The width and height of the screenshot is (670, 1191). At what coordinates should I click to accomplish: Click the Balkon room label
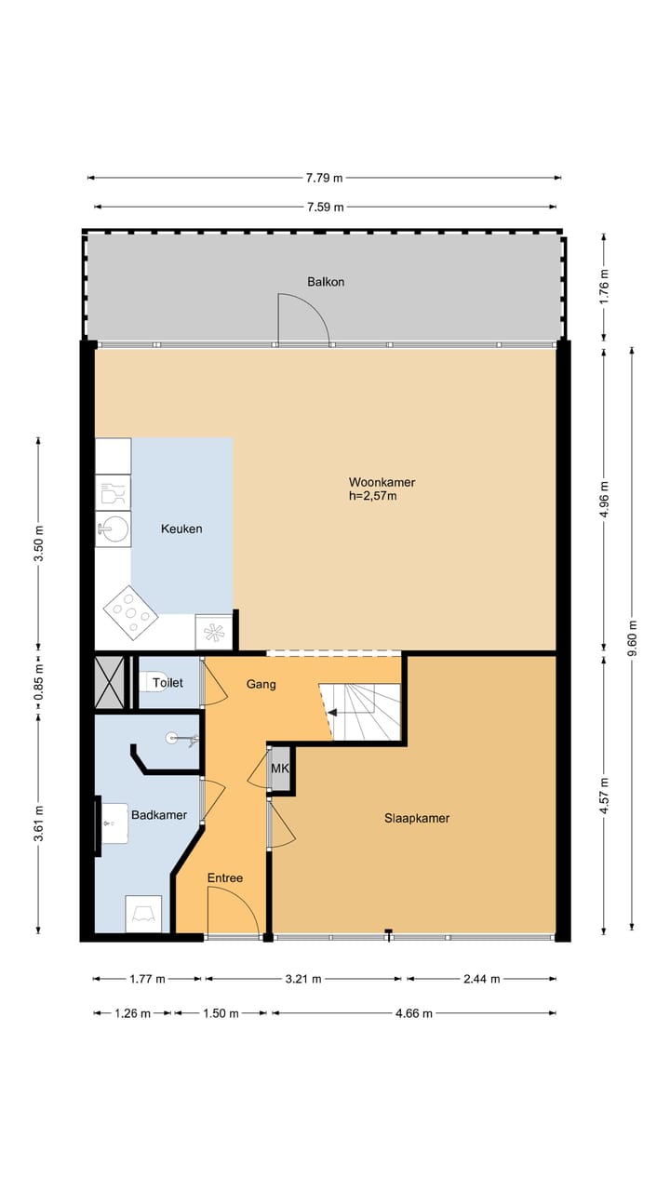coord(326,282)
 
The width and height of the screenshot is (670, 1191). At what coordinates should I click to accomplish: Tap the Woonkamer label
coord(382,482)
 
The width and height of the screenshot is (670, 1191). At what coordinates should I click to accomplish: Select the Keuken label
coord(181,529)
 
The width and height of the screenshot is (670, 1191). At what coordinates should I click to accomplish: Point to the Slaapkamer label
coord(417,818)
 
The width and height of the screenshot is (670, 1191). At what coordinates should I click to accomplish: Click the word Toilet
coord(168,683)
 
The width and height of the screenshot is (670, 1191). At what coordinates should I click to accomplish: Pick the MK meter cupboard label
coord(280,769)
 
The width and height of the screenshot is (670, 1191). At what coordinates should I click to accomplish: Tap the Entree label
coord(225,877)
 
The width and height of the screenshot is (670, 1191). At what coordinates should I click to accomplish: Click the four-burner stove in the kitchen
coord(130,612)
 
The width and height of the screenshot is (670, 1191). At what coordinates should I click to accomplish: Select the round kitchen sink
coord(114,529)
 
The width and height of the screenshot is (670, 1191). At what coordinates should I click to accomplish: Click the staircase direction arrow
coord(332,713)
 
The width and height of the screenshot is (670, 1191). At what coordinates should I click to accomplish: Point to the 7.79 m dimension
coord(325,178)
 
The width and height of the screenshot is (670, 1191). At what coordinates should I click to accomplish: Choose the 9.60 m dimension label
coord(632,638)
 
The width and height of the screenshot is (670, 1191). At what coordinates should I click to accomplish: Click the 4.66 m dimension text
coord(414,1013)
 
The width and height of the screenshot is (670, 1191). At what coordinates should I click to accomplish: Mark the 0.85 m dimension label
coord(38,682)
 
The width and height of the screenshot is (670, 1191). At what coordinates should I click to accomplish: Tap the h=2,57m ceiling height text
coord(373,497)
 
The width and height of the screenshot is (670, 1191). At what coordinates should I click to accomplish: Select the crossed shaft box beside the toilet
coord(110,683)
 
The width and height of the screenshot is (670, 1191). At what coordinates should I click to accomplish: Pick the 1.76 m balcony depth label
coord(604,287)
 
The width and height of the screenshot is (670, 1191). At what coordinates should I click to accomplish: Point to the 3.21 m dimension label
coord(303,978)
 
